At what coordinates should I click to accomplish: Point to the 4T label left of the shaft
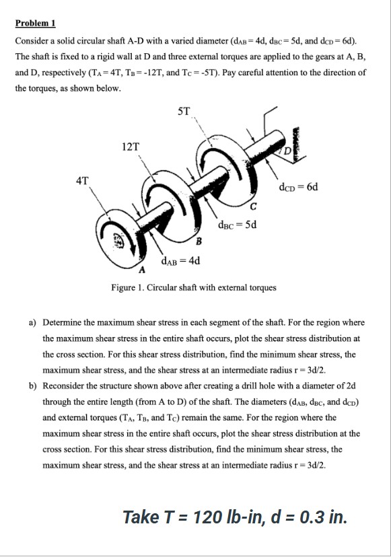83,180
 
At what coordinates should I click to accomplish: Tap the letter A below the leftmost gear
142,271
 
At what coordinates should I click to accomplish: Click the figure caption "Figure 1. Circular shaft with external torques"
194,288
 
